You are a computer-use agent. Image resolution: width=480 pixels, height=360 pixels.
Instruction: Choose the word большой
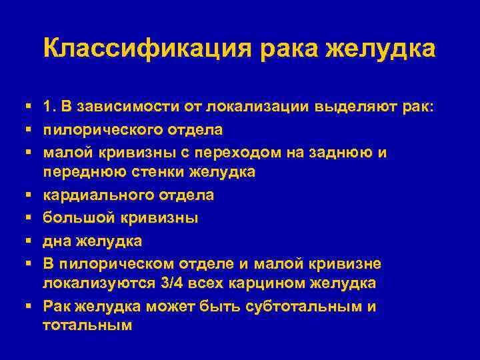point(74,217)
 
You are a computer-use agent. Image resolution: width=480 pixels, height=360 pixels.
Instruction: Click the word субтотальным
point(303,307)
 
